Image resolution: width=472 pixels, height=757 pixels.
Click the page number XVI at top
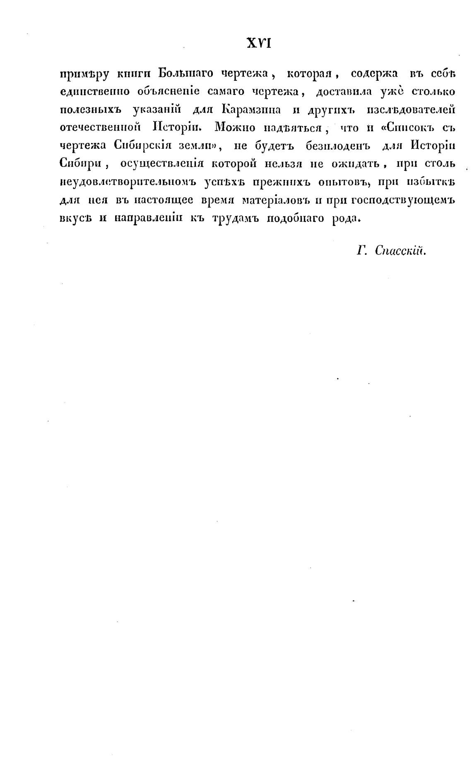[x=258, y=43]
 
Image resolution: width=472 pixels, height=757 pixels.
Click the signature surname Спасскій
[x=401, y=251]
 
